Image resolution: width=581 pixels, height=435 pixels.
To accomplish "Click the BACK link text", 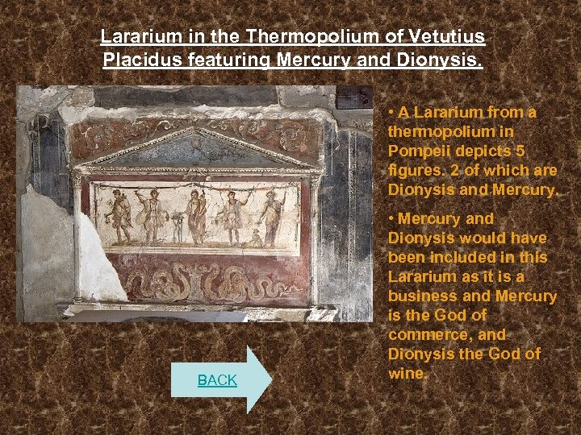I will coord(217,380).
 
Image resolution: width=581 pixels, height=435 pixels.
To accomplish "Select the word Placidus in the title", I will coord(143,59).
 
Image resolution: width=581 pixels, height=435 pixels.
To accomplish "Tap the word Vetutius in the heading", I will coord(446,36).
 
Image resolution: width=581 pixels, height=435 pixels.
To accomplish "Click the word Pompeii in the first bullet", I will coord(418,151).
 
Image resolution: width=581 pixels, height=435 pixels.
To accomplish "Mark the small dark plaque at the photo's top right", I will coord(353,98).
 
